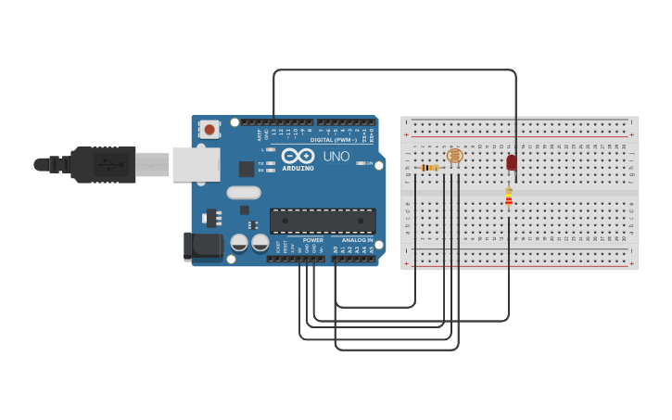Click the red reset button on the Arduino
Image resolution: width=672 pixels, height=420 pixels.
[x=209, y=130]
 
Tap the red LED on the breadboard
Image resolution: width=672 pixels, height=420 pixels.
[x=512, y=162]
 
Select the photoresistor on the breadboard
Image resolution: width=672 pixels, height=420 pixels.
[x=454, y=156]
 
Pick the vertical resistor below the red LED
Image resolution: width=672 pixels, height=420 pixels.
[x=508, y=197]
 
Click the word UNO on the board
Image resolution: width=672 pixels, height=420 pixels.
[x=336, y=157]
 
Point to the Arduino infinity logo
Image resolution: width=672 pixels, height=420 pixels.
[x=298, y=156]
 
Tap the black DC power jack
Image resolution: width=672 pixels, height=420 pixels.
[x=203, y=245]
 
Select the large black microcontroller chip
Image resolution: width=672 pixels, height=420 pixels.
[x=323, y=221]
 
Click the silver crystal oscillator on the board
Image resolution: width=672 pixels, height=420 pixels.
[x=243, y=193]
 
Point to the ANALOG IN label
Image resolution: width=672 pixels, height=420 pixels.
[x=357, y=240]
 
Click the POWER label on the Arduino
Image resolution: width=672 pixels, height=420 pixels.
[x=313, y=240]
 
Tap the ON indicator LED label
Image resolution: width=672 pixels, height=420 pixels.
[x=369, y=163]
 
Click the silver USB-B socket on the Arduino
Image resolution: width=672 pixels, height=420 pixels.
[x=196, y=164]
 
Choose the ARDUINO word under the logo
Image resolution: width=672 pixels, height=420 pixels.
[x=298, y=168]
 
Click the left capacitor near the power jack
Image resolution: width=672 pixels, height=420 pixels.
[x=239, y=243]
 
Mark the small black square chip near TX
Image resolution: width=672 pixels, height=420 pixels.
[x=247, y=169]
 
